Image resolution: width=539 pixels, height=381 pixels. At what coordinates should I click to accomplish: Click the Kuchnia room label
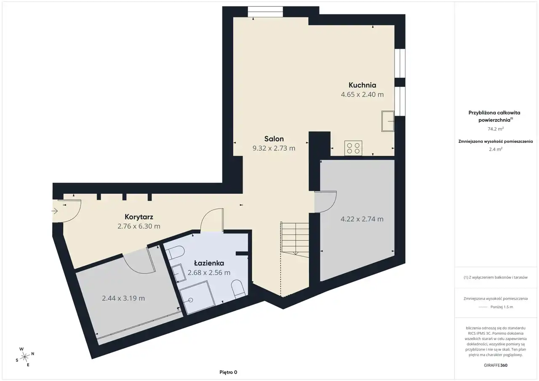click(362, 85)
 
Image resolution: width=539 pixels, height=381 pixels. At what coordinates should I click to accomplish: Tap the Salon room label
click(274, 139)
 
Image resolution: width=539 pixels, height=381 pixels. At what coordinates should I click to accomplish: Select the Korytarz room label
click(139, 217)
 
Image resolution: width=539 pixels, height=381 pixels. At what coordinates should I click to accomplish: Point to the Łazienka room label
click(209, 263)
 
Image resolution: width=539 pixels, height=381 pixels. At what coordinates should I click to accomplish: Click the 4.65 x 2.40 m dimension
click(362, 95)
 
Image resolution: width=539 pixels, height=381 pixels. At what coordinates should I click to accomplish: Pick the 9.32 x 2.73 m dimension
click(274, 148)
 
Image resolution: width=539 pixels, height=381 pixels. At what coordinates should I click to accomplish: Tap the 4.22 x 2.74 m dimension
click(362, 219)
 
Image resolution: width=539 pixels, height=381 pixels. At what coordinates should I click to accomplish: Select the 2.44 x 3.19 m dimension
click(123, 298)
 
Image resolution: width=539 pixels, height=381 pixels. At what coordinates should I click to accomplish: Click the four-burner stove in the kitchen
click(353, 148)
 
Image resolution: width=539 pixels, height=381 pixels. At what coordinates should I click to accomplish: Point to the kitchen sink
click(388, 121)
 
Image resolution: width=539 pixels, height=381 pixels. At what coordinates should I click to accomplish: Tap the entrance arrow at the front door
click(55, 211)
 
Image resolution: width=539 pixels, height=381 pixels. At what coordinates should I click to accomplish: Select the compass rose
click(25, 357)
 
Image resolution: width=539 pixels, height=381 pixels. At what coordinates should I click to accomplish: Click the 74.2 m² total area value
click(496, 129)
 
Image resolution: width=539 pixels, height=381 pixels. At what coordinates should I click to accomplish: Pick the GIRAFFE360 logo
click(496, 365)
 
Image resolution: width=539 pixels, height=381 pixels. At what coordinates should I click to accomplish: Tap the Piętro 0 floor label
click(228, 372)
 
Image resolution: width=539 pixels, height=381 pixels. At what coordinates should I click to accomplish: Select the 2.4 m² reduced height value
click(496, 149)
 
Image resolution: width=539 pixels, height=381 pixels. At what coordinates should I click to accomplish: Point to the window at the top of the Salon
click(265, 12)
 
